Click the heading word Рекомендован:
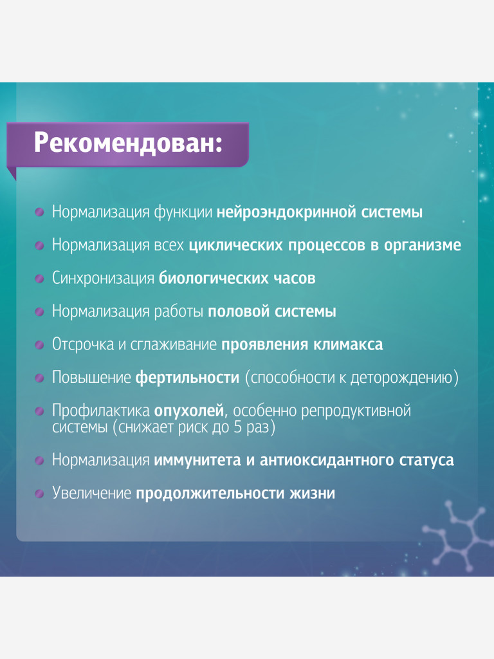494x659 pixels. click(x=127, y=142)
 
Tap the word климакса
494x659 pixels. click(x=348, y=344)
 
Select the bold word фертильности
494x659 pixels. click(x=187, y=378)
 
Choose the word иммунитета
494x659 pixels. click(x=196, y=461)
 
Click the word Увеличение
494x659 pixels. click(x=91, y=494)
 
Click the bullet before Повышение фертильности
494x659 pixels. click(x=40, y=377)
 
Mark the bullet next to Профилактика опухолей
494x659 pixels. click(x=40, y=410)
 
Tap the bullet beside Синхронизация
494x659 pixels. click(x=40, y=278)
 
